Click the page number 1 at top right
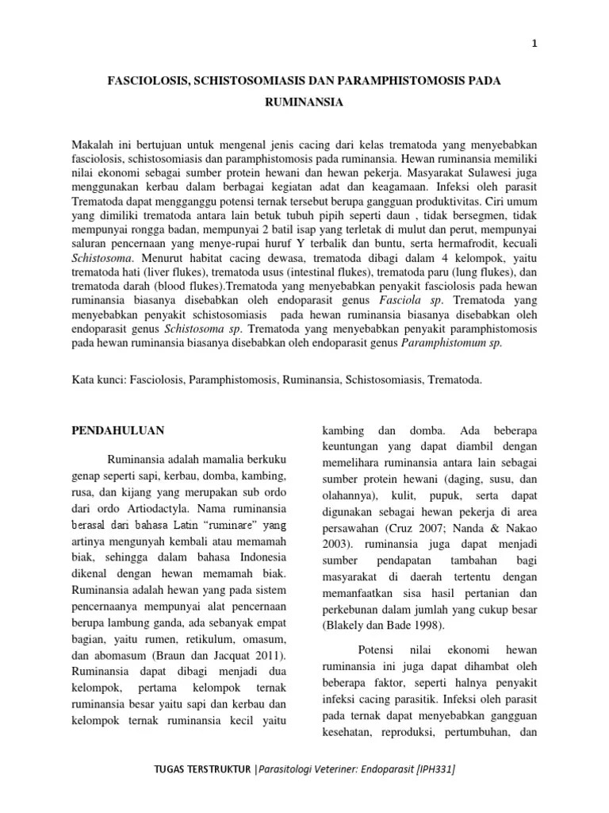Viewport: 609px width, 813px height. [x=534, y=44]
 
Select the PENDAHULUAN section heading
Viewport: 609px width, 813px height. [x=118, y=430]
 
